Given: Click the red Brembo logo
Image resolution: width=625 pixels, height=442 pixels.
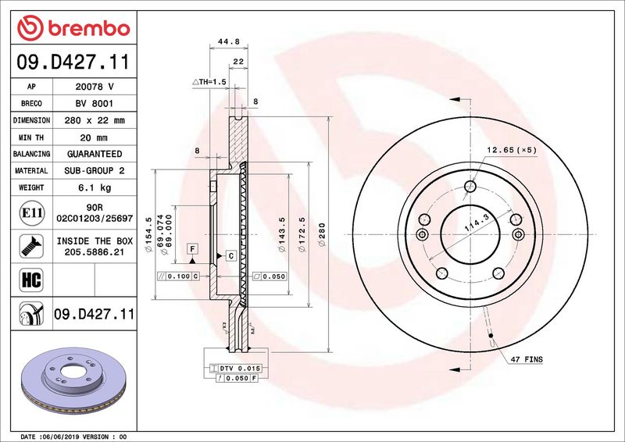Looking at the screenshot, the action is tap(73, 28).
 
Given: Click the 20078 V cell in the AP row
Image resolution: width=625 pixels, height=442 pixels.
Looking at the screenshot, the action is tap(95, 87).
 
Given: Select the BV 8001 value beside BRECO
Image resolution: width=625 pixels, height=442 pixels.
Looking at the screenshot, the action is tap(95, 103).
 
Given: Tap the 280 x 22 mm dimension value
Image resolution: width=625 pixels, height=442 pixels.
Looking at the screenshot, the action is tap(95, 120).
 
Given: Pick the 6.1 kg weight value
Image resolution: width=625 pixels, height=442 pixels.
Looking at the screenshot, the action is tap(95, 187).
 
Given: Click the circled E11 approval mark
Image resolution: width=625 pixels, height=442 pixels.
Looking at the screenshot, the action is tap(32, 213).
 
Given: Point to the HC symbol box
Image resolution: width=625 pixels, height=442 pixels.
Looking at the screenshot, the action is tap(31, 280).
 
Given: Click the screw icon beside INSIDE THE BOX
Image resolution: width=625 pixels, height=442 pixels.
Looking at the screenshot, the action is tap(31, 246).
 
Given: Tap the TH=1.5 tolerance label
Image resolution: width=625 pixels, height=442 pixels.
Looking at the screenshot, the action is tap(209, 82).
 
